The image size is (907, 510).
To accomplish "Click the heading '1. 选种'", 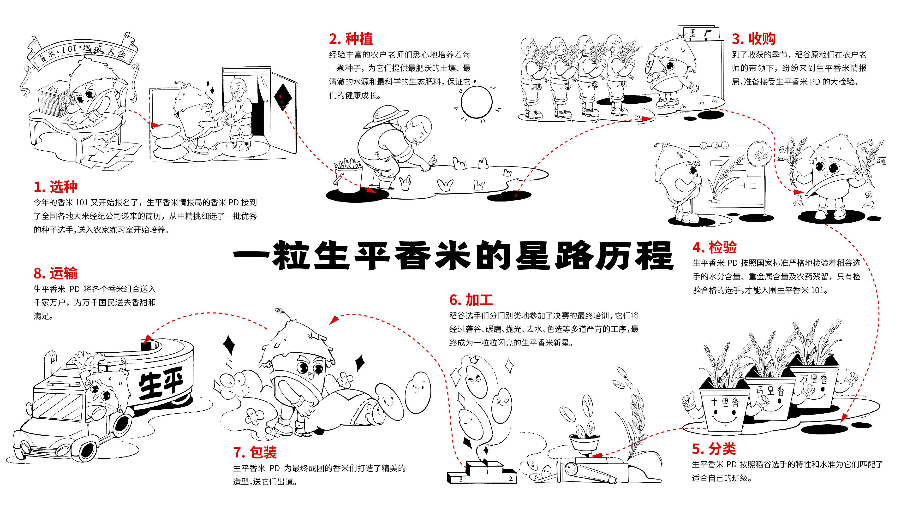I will (x=55, y=187).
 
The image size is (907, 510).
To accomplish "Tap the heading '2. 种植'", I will (x=351, y=39).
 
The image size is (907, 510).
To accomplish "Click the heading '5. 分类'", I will (x=714, y=449).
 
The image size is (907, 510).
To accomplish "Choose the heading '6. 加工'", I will (x=471, y=300).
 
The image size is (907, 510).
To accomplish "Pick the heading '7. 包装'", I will (x=255, y=452).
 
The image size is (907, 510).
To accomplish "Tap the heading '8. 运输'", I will (x=55, y=273).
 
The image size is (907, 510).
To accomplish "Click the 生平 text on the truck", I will (x=161, y=386).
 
